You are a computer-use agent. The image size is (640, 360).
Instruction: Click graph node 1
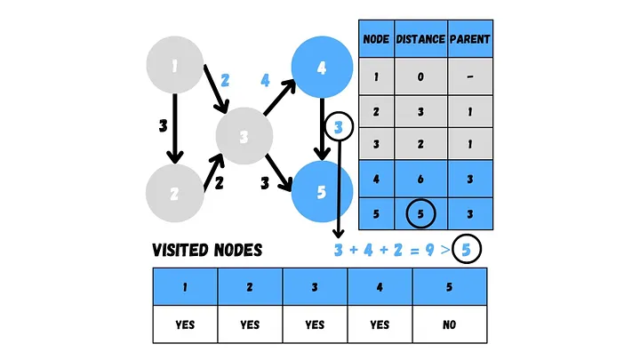[176, 64]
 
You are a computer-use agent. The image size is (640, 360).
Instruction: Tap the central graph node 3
[244, 137]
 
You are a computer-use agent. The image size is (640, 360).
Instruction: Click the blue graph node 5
[321, 191]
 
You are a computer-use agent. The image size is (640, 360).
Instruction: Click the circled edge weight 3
[339, 128]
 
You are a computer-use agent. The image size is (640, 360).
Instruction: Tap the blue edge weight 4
[265, 80]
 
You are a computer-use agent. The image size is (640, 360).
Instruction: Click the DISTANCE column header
[420, 39]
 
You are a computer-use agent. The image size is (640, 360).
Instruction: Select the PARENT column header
[470, 39]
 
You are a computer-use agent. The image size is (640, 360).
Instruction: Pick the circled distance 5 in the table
[420, 213]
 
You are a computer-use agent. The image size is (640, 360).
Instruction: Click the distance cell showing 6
[420, 179]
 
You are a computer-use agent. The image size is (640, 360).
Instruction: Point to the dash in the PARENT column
[470, 76]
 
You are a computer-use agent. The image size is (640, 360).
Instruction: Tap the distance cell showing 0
[420, 76]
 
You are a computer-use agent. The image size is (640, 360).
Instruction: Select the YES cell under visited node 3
[315, 324]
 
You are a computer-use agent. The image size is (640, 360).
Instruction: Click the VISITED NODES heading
[207, 250]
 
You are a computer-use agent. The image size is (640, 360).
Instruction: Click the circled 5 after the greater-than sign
[466, 250]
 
